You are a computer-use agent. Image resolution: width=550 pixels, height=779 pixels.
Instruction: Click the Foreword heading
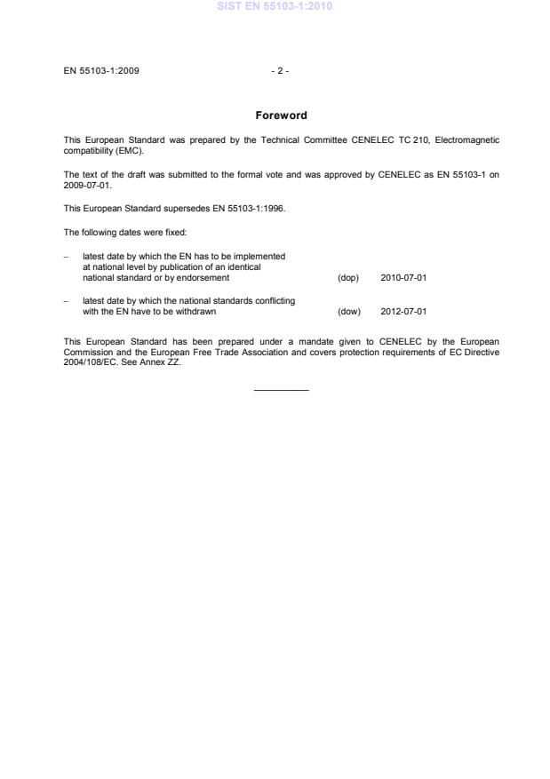280,115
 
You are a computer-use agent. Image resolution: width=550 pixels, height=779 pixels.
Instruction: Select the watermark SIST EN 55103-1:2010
275,7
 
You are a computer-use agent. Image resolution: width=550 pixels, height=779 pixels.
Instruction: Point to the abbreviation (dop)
347,278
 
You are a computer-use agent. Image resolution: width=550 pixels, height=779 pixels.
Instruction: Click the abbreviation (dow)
348,312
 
